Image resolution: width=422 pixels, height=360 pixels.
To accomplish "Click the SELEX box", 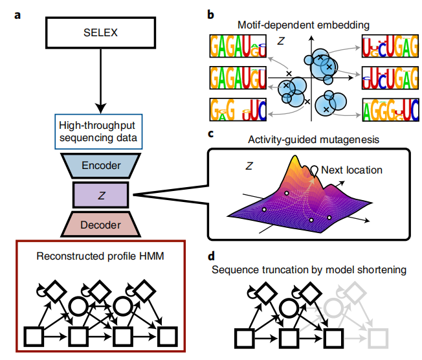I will click(x=100, y=31).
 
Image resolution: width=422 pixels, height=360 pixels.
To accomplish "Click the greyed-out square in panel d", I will click(x=378, y=335).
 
